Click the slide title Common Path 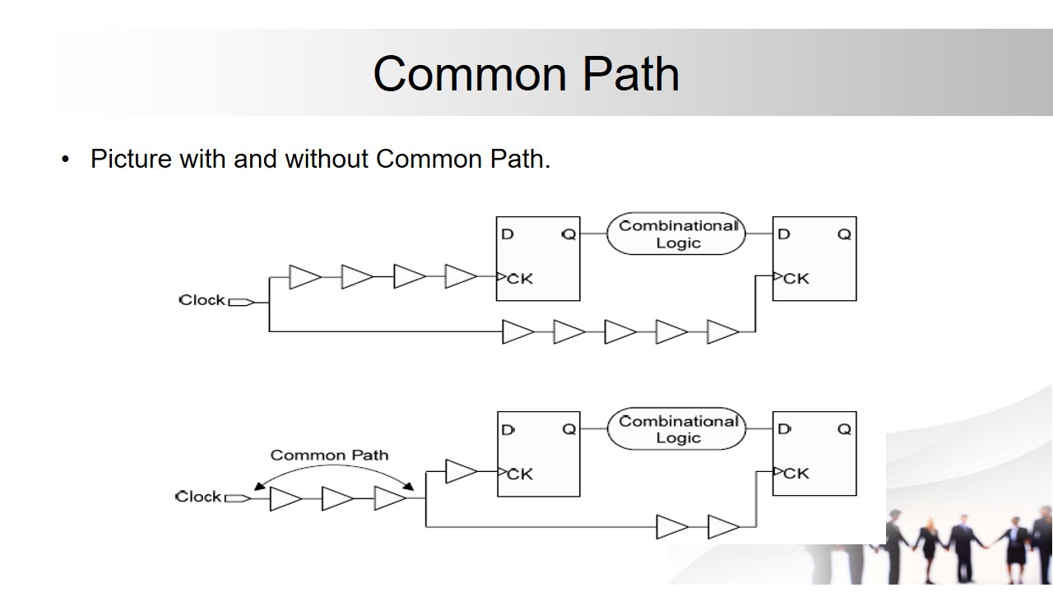coord(526,73)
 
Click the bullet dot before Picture coord(66,160)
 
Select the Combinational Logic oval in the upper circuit coord(676,234)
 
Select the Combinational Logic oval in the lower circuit coord(676,429)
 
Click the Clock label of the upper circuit coord(202,300)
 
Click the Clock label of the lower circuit coord(198,497)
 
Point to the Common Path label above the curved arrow coord(329,455)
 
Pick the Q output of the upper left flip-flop coord(568,234)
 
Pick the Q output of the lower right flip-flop coord(844,429)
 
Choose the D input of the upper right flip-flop coord(784,234)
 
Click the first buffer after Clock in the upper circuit coord(304,277)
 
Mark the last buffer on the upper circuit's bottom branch coord(722,332)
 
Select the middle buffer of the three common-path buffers coord(337,498)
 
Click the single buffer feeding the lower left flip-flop coord(461,472)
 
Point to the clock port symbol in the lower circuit coord(238,497)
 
